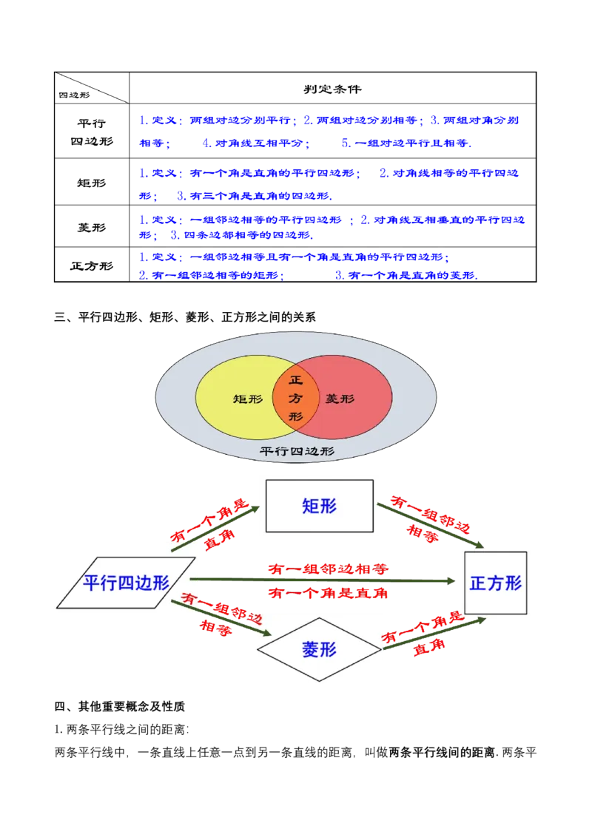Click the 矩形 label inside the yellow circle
click(248, 399)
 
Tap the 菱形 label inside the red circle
click(340, 399)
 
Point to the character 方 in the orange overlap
click(296, 399)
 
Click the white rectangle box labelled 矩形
click(320, 506)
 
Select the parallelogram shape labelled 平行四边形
click(126, 583)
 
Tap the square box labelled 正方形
click(496, 583)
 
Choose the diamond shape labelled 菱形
click(319, 649)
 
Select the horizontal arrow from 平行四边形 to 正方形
click(326, 580)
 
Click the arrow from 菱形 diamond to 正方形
click(433, 634)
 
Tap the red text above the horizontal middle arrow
click(328, 569)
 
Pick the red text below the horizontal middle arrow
click(328, 593)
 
